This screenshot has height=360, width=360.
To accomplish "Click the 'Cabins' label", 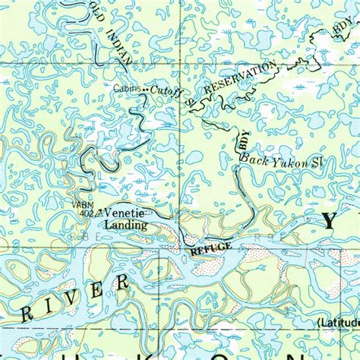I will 127,89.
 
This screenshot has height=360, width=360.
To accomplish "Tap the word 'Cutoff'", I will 163,90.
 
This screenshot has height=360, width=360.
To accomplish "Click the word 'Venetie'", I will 128,214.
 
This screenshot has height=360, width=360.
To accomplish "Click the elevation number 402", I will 85,214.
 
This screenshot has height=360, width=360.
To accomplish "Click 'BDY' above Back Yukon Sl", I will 242,139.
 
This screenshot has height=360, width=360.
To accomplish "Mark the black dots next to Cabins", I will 145,89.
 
